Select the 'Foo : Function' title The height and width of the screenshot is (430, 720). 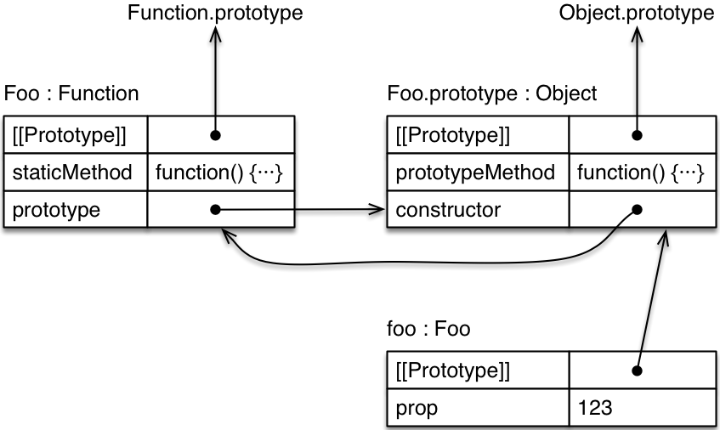pos(71,93)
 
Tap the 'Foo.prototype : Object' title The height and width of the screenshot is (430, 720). pos(491,93)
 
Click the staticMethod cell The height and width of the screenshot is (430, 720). pos(76,173)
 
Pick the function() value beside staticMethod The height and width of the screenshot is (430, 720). pos(220,173)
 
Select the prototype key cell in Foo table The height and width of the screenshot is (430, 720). pos(76,209)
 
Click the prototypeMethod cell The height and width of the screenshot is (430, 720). pos(477,173)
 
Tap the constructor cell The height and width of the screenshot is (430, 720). pos(477,209)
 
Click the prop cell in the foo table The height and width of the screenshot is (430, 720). pos(477,408)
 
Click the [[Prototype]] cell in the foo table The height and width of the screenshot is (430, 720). pos(477,371)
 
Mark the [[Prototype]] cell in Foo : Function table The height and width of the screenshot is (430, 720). pos(76,135)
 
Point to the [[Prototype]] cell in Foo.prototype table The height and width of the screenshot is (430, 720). pos(477,135)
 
